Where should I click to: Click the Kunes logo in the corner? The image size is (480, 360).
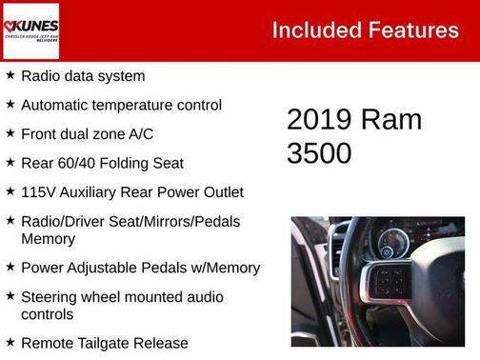[30, 30]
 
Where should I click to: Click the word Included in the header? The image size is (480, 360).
[314, 30]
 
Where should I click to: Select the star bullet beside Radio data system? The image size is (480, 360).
[10, 75]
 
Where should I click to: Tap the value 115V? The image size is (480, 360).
[39, 192]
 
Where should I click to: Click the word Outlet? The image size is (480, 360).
[221, 192]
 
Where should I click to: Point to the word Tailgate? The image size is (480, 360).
[107, 343]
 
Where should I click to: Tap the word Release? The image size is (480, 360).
[162, 343]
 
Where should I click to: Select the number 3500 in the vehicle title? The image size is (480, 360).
[319, 152]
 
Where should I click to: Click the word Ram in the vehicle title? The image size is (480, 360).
[390, 120]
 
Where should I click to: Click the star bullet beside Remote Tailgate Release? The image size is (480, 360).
[10, 342]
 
